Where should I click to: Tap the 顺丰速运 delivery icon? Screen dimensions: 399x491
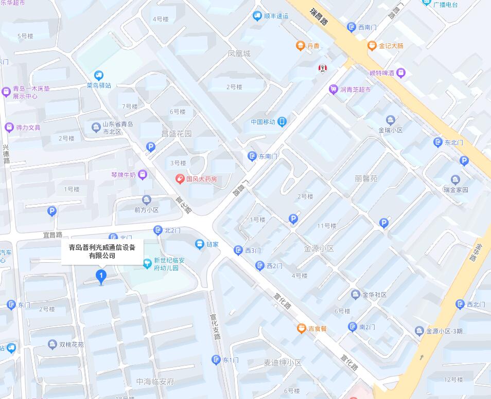[x=257, y=16]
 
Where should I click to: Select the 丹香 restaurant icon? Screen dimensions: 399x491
[x=301, y=46]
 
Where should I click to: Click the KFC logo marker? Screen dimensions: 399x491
[x=323, y=68]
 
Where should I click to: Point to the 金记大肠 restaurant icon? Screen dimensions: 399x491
[x=372, y=46]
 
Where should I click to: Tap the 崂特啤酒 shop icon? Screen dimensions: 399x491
[x=401, y=73]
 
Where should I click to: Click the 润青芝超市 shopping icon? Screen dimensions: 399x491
[x=334, y=89]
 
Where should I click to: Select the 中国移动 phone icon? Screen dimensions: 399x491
[x=282, y=122]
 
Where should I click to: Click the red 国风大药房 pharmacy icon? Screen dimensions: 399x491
[x=180, y=179]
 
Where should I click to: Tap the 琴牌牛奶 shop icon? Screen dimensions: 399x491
[x=143, y=175]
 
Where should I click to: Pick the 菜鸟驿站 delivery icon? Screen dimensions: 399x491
[x=98, y=76]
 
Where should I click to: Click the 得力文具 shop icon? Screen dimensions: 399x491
[x=9, y=127]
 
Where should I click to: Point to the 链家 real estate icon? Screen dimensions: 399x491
[x=200, y=244]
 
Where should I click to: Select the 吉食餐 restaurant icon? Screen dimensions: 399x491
[x=302, y=328]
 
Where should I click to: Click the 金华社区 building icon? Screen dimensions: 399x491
[x=355, y=295]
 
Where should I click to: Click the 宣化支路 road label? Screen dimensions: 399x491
[x=215, y=327]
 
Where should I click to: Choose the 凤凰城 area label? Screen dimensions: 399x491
[x=239, y=53]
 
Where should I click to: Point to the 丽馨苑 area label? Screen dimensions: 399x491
[x=366, y=178]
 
